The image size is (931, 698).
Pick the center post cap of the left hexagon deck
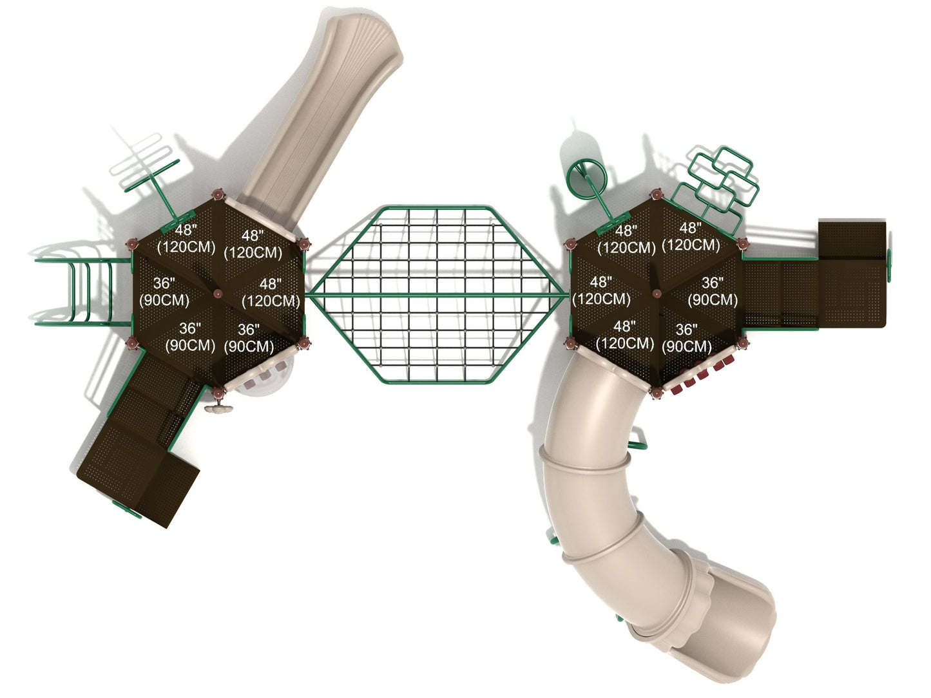218,293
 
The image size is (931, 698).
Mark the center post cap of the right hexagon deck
657,293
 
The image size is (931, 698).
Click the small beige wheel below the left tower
218,408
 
